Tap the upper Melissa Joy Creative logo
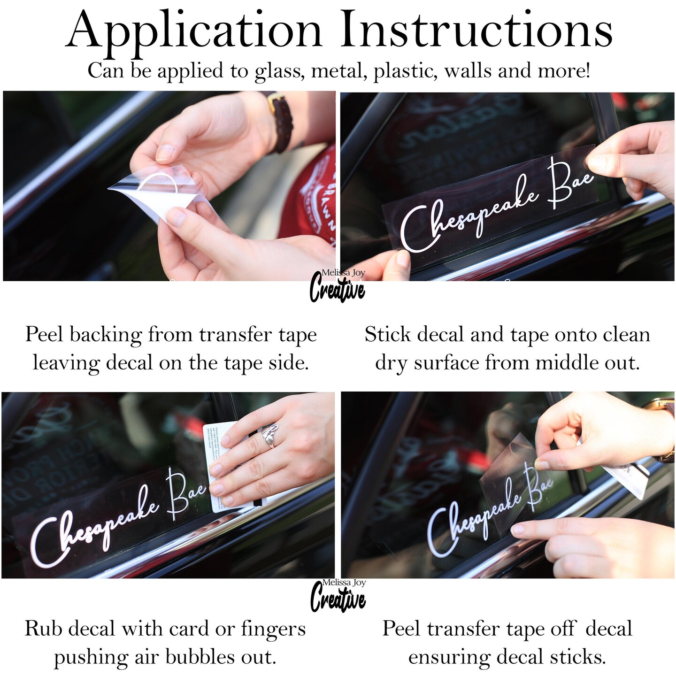[338, 285]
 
